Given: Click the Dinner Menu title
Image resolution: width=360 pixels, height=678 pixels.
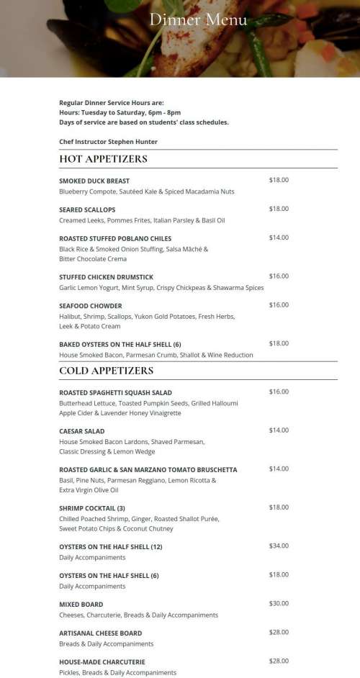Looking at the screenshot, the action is (198, 19).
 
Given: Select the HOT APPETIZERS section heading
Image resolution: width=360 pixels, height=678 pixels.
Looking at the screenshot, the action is (103, 159).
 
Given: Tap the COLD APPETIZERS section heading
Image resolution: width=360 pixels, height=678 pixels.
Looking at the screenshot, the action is (106, 371).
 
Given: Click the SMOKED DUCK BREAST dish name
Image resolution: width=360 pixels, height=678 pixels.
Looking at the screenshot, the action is (94, 181).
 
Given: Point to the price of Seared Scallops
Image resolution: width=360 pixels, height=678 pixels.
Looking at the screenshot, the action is (279, 209).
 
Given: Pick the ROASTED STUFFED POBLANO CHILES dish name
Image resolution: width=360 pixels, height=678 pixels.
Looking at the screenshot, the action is (115, 238).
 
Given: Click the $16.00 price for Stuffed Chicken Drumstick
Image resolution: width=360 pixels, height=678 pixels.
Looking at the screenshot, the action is (279, 276).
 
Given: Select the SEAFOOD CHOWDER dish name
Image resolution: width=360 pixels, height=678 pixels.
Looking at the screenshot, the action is (91, 306).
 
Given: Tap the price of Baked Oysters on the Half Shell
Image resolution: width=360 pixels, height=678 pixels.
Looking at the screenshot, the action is (279, 344).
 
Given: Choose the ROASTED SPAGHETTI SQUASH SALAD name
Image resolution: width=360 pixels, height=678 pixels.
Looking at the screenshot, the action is (115, 392).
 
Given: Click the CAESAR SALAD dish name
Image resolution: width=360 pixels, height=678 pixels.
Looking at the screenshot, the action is (82, 431).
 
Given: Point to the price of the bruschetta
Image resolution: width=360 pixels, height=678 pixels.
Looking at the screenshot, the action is (279, 469).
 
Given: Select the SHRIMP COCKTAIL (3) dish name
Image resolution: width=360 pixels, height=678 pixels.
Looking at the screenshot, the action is (92, 508).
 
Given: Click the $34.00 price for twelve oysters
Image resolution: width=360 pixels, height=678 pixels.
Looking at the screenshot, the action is (279, 546).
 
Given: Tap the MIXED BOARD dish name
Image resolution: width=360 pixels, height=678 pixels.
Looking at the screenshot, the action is (81, 605).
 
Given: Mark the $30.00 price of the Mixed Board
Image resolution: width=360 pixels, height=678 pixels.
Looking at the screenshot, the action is (279, 604).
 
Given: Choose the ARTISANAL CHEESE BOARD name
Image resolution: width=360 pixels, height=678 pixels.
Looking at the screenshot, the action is (100, 633).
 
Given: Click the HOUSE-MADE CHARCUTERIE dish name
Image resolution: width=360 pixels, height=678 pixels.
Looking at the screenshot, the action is (102, 662).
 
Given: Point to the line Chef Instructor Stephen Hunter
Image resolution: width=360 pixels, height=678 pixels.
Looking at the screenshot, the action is (108, 142).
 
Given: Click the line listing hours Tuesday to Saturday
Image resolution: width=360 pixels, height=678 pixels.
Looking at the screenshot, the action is (120, 113).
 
